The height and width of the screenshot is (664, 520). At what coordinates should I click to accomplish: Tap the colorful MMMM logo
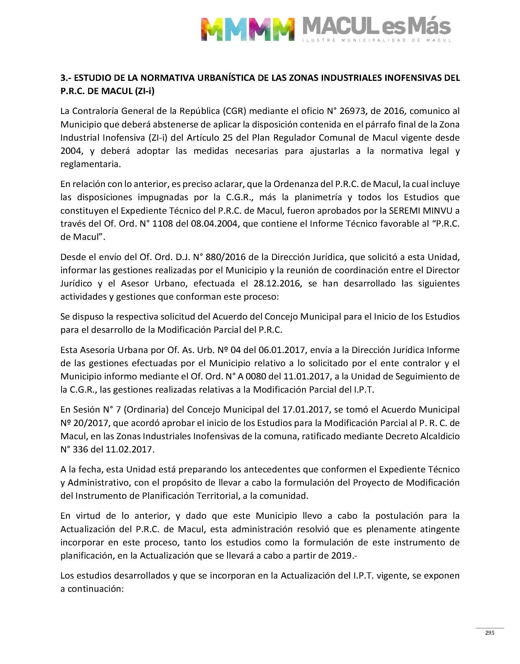pyautogui.click(x=248, y=29)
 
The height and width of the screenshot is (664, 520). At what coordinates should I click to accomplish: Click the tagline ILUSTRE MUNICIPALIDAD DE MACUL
pyautogui.click(x=376, y=40)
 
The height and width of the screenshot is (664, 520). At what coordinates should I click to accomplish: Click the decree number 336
pyautogui.click(x=80, y=449)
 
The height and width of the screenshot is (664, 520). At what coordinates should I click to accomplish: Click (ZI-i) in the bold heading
pyautogui.click(x=144, y=91)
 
